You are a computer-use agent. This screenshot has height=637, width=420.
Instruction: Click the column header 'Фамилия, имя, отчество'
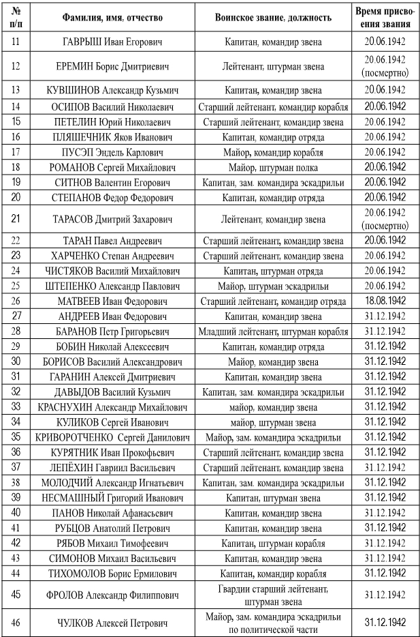click(x=112, y=16)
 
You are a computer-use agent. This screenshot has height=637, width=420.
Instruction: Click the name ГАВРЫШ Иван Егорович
click(x=112, y=41)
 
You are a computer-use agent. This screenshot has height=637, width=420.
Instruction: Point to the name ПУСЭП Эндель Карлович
click(x=112, y=152)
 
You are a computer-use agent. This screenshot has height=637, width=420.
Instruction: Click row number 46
click(x=16, y=622)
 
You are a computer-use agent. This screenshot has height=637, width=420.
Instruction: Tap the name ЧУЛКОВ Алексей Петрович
click(x=112, y=622)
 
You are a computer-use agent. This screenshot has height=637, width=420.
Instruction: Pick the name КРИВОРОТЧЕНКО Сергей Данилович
click(x=112, y=436)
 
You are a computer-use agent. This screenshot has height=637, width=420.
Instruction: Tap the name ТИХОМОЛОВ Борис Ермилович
click(x=112, y=573)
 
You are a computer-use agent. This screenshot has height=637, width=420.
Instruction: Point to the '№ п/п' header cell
click(x=16, y=16)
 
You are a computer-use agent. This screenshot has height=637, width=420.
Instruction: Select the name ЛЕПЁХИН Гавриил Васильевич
click(x=112, y=467)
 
